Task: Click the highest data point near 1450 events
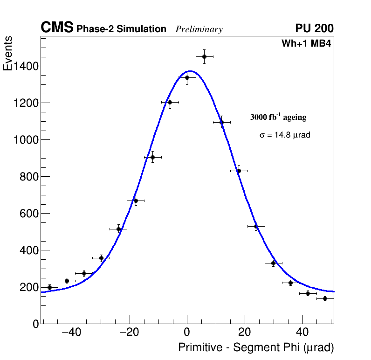click(204, 56)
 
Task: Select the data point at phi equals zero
click(187, 77)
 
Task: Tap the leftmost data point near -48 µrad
click(49, 287)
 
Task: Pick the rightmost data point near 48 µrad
click(325, 298)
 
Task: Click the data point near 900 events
click(152, 157)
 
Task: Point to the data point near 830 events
click(239, 171)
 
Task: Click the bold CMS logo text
click(57, 28)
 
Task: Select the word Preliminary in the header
click(199, 29)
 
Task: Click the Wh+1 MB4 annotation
click(306, 44)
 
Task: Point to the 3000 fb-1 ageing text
click(278, 117)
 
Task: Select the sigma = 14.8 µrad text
click(285, 135)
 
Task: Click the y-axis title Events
click(8, 54)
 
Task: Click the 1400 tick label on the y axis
click(26, 66)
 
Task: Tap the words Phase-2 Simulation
click(121, 29)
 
